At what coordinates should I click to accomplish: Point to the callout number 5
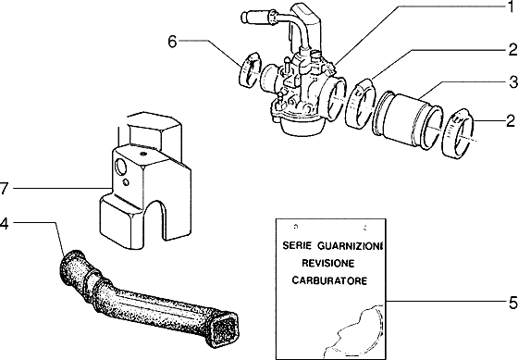(510, 302)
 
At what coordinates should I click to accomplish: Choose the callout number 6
(172, 40)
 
